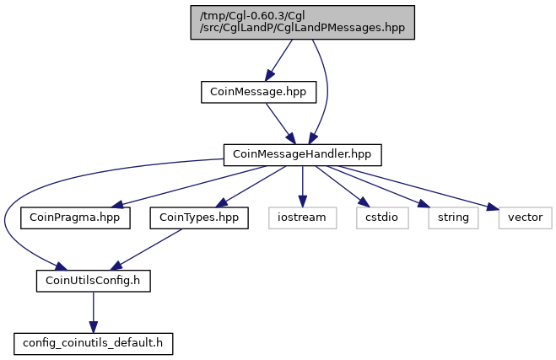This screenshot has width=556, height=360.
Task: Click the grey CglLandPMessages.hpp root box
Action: pyautogui.click(x=302, y=22)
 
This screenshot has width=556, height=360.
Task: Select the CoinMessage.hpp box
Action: pyautogui.click(x=258, y=92)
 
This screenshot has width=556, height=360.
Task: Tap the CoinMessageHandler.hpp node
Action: pyautogui.click(x=302, y=155)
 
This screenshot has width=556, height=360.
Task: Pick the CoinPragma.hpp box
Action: pyautogui.click(x=75, y=218)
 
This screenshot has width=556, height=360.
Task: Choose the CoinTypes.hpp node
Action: pyautogui.click(x=199, y=218)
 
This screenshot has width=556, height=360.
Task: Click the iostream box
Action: pyautogui.click(x=302, y=218)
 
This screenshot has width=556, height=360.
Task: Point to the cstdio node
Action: pyautogui.click(x=382, y=218)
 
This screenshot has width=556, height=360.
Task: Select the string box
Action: pyautogui.click(x=453, y=218)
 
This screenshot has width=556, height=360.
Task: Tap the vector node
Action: pyautogui.click(x=525, y=218)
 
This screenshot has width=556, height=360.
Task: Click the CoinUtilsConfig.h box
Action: pyautogui.click(x=94, y=281)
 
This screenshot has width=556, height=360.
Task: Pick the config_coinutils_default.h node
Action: pyautogui.click(x=94, y=344)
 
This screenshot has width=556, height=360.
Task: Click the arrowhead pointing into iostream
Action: pyautogui.click(x=302, y=201)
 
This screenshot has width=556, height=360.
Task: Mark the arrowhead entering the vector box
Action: pyautogui.click(x=493, y=207)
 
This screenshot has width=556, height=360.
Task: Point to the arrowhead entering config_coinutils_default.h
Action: pyautogui.click(x=94, y=327)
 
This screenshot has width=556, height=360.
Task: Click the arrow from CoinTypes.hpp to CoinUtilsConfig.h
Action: pyautogui.click(x=146, y=250)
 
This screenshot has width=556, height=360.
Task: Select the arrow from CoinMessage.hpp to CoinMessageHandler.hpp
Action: pyautogui.click(x=280, y=124)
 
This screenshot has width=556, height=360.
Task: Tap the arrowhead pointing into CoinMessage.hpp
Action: pyautogui.click(x=269, y=75)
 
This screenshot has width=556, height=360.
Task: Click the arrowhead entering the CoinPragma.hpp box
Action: pyautogui.click(x=117, y=205)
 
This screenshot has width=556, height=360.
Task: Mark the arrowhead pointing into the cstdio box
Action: pyautogui.click(x=364, y=202)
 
